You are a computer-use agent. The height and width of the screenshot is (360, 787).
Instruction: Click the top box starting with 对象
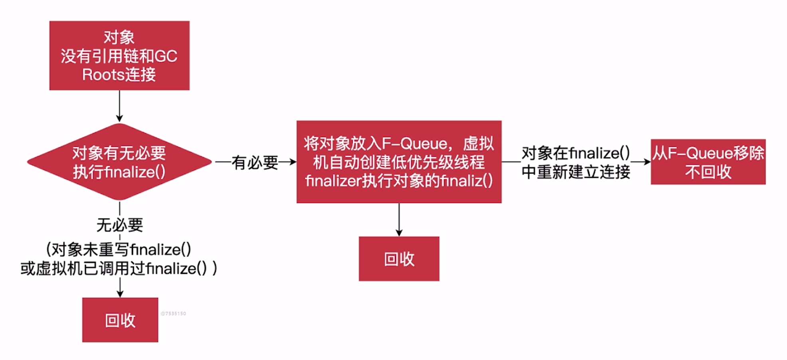pyautogui.click(x=119, y=55)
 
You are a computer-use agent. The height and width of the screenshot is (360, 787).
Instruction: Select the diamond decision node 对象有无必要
pyautogui.click(x=119, y=162)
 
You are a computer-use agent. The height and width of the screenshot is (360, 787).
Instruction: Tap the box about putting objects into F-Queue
pyautogui.click(x=399, y=162)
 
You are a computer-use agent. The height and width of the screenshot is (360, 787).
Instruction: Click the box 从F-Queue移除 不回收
pyautogui.click(x=708, y=162)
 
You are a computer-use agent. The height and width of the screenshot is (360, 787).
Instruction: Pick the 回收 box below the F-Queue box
pyautogui.click(x=399, y=259)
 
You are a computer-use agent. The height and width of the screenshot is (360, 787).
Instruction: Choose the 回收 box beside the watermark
pyautogui.click(x=120, y=320)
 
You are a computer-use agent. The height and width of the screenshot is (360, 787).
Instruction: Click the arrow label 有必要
pyautogui.click(x=255, y=162)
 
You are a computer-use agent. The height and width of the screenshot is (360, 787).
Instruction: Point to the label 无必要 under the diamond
pyautogui.click(x=120, y=225)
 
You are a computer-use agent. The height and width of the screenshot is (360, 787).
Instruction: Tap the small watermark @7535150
pyautogui.click(x=173, y=314)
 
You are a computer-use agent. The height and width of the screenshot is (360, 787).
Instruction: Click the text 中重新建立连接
pyautogui.click(x=576, y=172)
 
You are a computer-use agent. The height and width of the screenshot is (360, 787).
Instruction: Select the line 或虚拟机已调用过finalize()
pyautogui.click(x=119, y=269)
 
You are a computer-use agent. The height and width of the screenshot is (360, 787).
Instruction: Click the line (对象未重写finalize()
pyautogui.click(x=119, y=249)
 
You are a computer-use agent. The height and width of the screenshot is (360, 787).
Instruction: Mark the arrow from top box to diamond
pyautogui.click(x=119, y=106)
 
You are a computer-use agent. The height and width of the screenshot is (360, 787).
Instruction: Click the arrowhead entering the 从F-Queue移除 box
pyautogui.click(x=647, y=162)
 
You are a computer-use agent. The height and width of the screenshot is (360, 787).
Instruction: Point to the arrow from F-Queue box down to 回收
pyautogui.click(x=399, y=220)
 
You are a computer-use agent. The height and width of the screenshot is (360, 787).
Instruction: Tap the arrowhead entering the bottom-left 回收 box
pyautogui.click(x=120, y=294)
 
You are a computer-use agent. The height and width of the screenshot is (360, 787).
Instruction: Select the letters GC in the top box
pyautogui.click(x=166, y=56)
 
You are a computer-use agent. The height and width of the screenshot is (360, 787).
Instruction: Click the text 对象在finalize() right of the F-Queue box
pyautogui.click(x=576, y=153)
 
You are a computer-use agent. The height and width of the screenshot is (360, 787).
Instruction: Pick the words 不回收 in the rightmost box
pyautogui.click(x=708, y=172)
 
